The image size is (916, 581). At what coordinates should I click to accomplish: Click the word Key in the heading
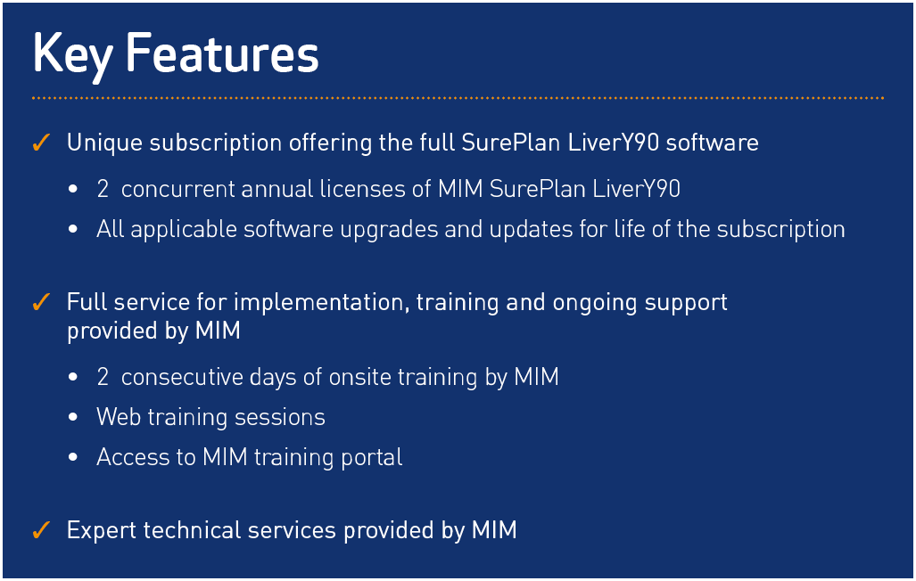pyautogui.click(x=72, y=56)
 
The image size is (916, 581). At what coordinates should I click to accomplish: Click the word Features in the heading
pyautogui.click(x=223, y=53)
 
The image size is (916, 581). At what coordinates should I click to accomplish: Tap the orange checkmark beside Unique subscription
pyautogui.click(x=41, y=143)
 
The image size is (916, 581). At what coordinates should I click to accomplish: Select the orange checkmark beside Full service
pyautogui.click(x=41, y=302)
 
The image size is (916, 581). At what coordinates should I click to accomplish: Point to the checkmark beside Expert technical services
pyautogui.click(x=41, y=530)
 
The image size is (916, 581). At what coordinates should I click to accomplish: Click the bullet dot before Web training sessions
pyautogui.click(x=73, y=417)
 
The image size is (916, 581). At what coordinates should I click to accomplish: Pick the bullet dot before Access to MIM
pyautogui.click(x=73, y=457)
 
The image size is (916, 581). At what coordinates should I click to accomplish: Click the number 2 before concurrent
pyautogui.click(x=103, y=189)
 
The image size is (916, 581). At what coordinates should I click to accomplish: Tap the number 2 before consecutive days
pyautogui.click(x=103, y=377)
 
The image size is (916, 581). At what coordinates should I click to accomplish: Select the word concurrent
pyautogui.click(x=177, y=189)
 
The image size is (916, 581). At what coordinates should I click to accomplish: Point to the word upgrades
pyautogui.click(x=389, y=230)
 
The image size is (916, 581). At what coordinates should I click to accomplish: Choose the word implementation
pyautogui.click(x=318, y=302)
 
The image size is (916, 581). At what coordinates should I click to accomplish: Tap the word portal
pyautogui.click(x=372, y=458)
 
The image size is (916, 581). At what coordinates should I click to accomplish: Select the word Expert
pyautogui.click(x=101, y=531)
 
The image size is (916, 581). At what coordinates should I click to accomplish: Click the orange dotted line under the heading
pyautogui.click(x=458, y=98)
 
